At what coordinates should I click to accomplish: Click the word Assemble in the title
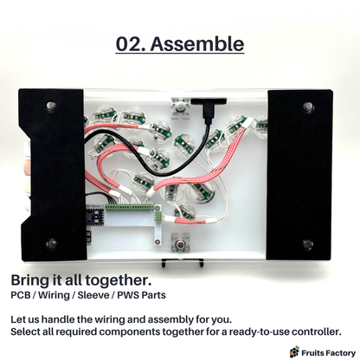click(197, 44)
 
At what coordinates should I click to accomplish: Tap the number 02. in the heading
click(131, 44)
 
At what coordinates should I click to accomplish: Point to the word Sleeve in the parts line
click(93, 295)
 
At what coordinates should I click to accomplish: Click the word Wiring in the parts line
click(54, 295)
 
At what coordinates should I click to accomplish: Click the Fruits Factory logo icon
click(294, 352)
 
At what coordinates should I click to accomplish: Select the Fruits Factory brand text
click(328, 353)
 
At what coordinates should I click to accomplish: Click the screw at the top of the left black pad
click(51, 106)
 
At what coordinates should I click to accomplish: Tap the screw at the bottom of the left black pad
click(52, 244)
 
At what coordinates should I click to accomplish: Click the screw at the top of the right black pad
click(308, 106)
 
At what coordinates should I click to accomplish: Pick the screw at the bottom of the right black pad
click(307, 244)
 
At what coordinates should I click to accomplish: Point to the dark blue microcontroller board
click(95, 216)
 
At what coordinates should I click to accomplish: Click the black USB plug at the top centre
click(209, 109)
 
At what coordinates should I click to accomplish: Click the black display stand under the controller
click(183, 262)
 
